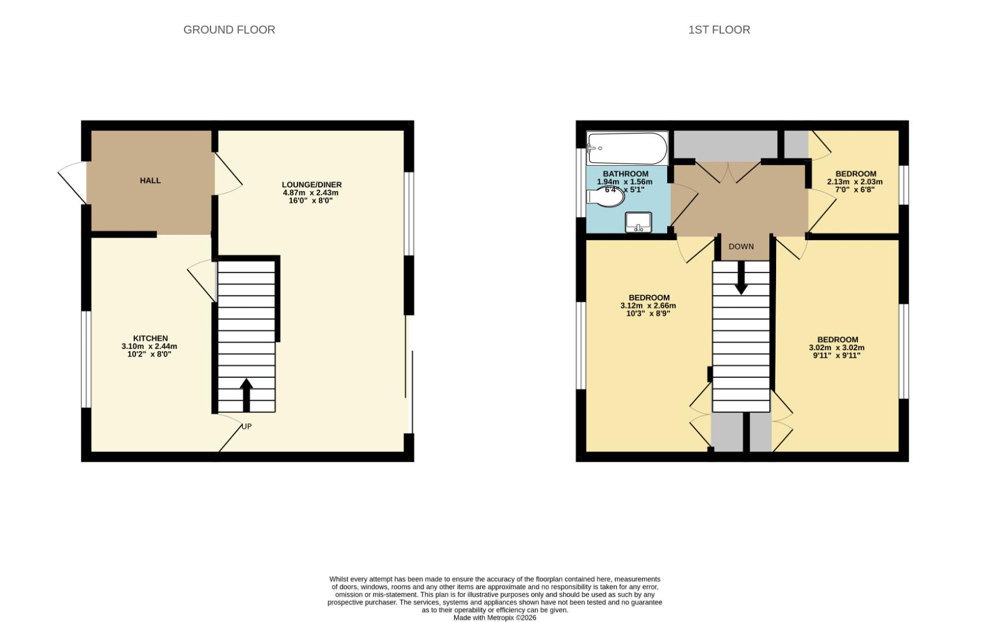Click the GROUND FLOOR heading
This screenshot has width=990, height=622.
point(229,29)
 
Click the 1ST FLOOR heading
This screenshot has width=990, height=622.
point(718,29)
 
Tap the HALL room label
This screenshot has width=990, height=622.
point(150,180)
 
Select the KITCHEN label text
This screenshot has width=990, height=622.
point(150,338)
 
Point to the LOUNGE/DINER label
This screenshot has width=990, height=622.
point(311,184)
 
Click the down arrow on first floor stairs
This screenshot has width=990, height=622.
point(741,279)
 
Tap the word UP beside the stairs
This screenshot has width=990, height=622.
point(247,426)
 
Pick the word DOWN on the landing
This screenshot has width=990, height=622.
point(741,246)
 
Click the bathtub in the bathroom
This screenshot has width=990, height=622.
point(627,148)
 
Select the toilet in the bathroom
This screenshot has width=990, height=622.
point(607,197)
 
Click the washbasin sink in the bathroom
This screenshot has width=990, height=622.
point(638,222)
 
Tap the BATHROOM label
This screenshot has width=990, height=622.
point(625,173)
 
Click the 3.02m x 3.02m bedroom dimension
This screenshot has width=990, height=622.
point(837,347)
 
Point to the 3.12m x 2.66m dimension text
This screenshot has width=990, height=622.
point(648,306)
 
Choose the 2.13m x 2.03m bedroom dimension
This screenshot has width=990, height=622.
point(855,181)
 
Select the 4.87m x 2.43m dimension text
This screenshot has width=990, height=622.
point(310,192)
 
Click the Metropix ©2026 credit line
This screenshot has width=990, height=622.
point(495,617)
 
